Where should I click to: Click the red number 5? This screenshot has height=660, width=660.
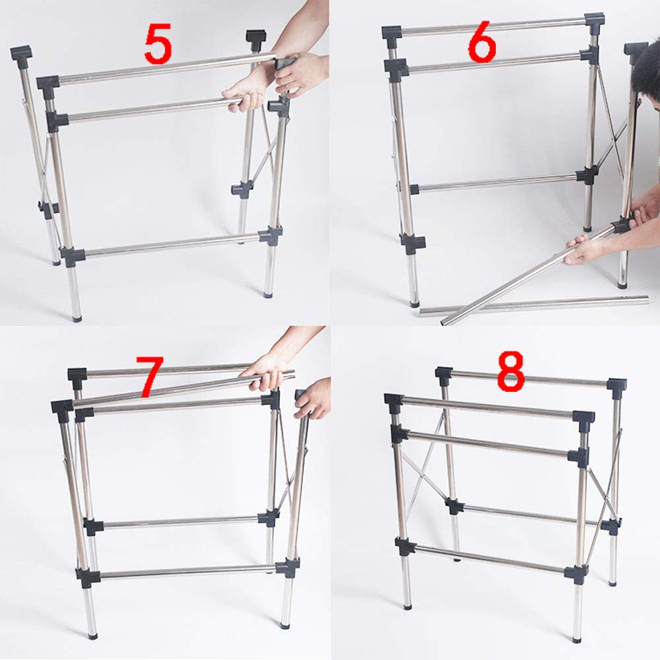pos(158,45)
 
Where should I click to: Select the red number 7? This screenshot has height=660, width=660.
pos(149,377)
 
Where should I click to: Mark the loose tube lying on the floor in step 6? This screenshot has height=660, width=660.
pos(535,305)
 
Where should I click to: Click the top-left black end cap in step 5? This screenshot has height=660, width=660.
pos(20,52)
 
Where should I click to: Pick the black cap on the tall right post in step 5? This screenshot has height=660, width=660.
pos(255,36)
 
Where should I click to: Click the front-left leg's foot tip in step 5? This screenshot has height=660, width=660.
pos(77,318)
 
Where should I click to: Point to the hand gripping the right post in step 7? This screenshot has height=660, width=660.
pos(313,400)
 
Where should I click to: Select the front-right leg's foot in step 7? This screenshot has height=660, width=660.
pos(286,623)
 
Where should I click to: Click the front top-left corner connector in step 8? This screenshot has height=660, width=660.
pos(394,401)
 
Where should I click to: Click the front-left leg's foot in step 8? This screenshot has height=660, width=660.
pos(407,604)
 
